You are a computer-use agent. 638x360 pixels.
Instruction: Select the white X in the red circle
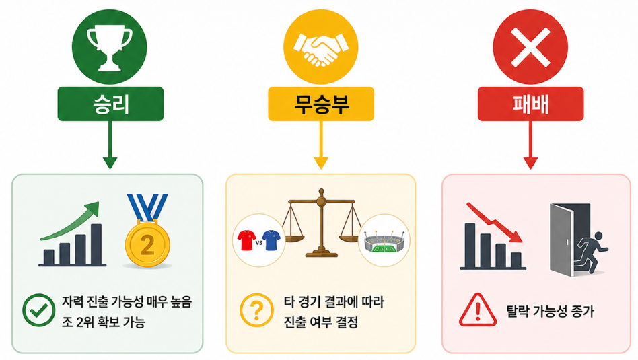[x=530, y=47]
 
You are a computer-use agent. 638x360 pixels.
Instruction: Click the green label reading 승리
[x=110, y=104]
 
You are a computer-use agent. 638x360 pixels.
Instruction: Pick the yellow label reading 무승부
[x=321, y=104]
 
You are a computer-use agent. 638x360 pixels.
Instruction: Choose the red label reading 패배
[x=530, y=104]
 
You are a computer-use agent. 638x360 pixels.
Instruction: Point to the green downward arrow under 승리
[x=110, y=145]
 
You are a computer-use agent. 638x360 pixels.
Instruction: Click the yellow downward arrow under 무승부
[x=321, y=145]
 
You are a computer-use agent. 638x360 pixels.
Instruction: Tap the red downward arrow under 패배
[x=530, y=145]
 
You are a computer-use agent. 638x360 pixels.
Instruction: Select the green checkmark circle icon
[x=38, y=310]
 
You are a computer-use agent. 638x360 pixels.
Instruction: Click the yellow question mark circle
[x=256, y=310]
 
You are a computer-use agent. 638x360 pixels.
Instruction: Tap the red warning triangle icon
[x=478, y=311]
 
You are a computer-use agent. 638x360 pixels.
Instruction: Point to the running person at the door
[x=591, y=252]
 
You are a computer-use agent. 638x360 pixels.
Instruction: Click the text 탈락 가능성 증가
[x=550, y=312]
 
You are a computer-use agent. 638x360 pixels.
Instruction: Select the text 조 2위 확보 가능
[x=104, y=322]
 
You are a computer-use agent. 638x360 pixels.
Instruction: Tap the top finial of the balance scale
[x=322, y=191]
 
